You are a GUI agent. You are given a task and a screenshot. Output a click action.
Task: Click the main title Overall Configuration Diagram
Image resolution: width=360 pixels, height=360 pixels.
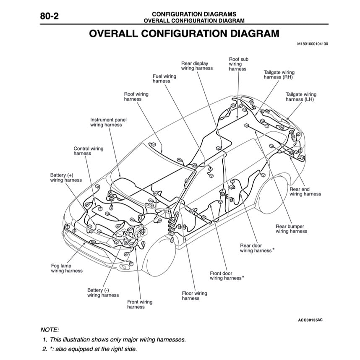[184, 34]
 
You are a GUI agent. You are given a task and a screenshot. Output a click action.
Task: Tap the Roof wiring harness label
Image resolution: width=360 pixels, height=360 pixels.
[136, 97]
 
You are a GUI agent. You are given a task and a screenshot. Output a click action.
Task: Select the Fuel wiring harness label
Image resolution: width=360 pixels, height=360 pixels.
[164, 79]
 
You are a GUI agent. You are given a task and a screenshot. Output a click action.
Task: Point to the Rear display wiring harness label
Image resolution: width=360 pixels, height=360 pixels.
[196, 66]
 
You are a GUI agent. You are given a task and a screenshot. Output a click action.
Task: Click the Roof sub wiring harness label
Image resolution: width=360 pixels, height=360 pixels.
[238, 64]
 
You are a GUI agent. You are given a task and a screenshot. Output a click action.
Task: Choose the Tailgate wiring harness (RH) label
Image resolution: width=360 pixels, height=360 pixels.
[279, 75]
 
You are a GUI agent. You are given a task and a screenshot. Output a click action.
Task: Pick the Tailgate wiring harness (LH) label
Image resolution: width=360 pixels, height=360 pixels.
[300, 97]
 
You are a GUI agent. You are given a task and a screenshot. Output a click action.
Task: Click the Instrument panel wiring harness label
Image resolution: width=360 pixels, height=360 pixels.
[108, 122]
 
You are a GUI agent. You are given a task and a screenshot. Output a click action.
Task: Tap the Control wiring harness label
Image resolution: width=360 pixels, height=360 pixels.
[88, 151]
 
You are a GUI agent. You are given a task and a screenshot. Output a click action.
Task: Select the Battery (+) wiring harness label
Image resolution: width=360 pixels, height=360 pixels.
[65, 177]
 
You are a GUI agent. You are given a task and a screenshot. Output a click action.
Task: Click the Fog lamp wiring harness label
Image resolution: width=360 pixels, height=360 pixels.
[66, 269]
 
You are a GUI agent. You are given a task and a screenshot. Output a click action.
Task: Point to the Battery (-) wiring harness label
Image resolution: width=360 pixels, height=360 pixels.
[102, 292]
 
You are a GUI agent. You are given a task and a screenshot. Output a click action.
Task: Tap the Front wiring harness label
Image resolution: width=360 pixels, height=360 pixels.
[140, 304]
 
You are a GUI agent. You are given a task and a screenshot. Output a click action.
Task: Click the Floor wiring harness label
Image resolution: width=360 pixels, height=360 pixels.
[194, 296]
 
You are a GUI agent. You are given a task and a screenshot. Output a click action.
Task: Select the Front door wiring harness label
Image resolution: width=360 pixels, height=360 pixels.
[227, 276]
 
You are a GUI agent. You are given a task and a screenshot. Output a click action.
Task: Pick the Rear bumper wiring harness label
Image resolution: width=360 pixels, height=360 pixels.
[291, 229]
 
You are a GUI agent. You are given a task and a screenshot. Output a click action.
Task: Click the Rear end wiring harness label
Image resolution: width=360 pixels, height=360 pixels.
[305, 192]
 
